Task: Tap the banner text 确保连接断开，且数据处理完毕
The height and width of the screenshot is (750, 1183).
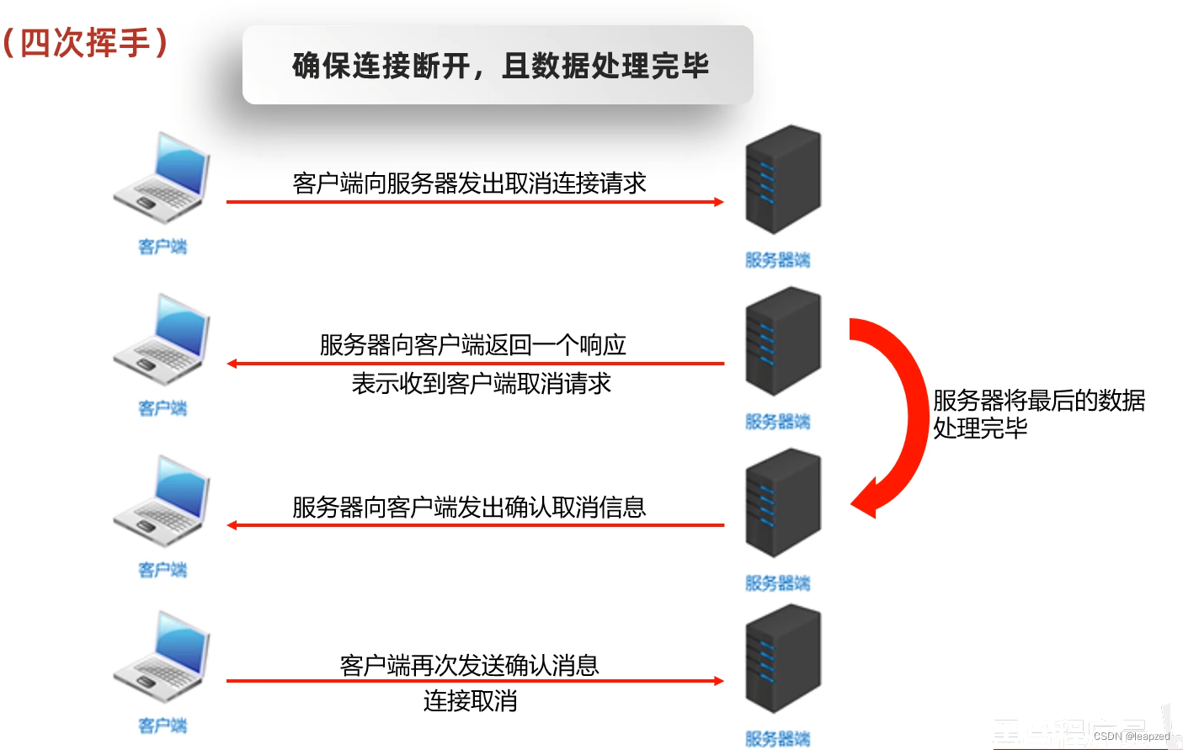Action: [500, 66]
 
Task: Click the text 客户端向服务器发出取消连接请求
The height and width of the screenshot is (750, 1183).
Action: [469, 183]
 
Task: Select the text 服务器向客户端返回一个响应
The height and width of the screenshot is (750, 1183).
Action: [472, 344]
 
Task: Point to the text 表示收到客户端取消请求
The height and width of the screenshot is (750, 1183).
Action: [481, 384]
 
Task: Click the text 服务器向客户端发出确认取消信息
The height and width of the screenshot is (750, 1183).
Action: [469, 507]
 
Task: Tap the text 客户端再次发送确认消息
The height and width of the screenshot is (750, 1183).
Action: [469, 665]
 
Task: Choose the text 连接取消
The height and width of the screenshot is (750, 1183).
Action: [470, 701]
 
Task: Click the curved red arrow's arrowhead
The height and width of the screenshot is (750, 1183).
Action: [866, 501]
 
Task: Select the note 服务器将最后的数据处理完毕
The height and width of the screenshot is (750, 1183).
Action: [1038, 413]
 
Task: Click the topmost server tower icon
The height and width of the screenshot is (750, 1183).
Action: [782, 179]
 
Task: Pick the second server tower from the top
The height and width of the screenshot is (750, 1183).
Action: [782, 341]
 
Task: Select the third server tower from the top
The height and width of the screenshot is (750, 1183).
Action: [782, 503]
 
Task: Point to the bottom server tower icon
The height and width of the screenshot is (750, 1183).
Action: [782, 659]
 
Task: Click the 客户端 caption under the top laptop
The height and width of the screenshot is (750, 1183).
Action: [163, 247]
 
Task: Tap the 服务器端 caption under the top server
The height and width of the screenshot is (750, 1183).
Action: [777, 260]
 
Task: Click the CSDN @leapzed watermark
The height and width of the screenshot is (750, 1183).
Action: [1131, 737]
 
